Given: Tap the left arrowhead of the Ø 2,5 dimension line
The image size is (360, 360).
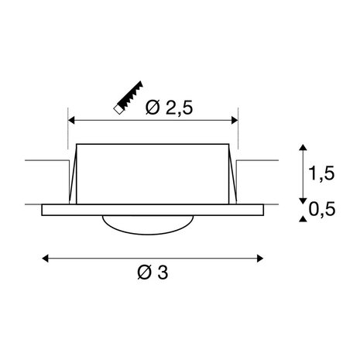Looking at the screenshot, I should (x=74, y=121).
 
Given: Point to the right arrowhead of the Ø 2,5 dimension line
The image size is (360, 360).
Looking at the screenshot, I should (x=235, y=121).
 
